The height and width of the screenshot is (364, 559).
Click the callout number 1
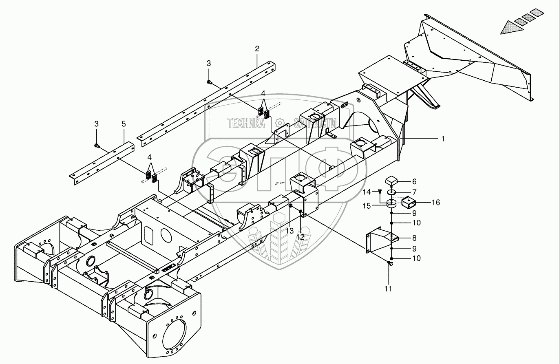click(443, 139)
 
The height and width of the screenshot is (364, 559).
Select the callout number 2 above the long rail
click(257, 49)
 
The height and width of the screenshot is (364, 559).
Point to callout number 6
click(414, 181)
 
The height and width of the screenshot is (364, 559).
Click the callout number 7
click(414, 192)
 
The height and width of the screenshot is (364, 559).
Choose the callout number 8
click(414, 238)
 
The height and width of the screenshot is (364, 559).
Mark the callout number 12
click(300, 236)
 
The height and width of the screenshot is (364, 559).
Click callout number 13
click(290, 231)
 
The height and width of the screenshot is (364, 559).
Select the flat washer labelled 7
click(392, 192)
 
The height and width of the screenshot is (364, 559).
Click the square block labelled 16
click(409, 203)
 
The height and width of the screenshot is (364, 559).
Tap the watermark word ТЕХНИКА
click(245, 123)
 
